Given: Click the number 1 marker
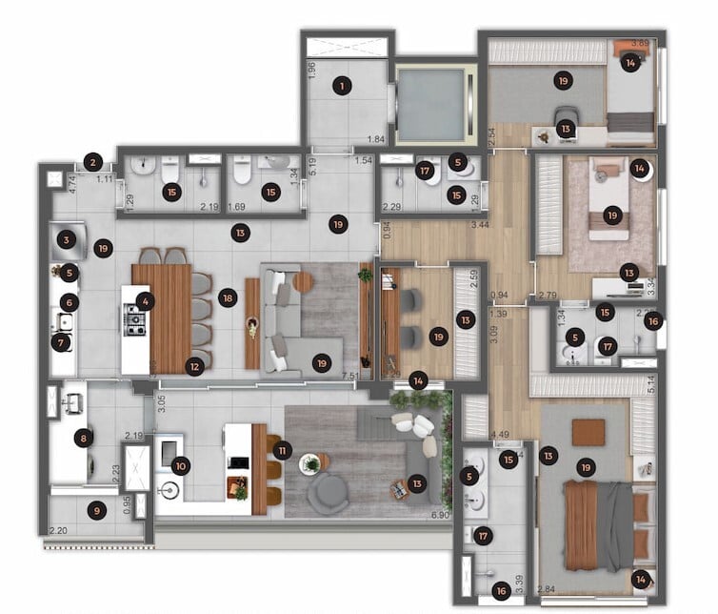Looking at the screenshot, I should [x=341, y=87].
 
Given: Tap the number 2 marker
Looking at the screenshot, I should [x=92, y=162].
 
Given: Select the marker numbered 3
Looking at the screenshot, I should [x=66, y=239].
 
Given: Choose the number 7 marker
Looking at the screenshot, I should [x=63, y=342].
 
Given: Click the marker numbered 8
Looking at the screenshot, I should [x=84, y=439].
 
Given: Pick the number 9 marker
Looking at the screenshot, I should [x=95, y=510].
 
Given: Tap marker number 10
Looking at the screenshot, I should [x=182, y=466].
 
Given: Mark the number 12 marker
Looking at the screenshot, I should [x=194, y=364].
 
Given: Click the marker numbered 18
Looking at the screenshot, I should [x=227, y=298].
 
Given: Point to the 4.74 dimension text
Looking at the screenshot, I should [x=49, y=180].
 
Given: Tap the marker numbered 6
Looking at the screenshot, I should [x=67, y=303].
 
